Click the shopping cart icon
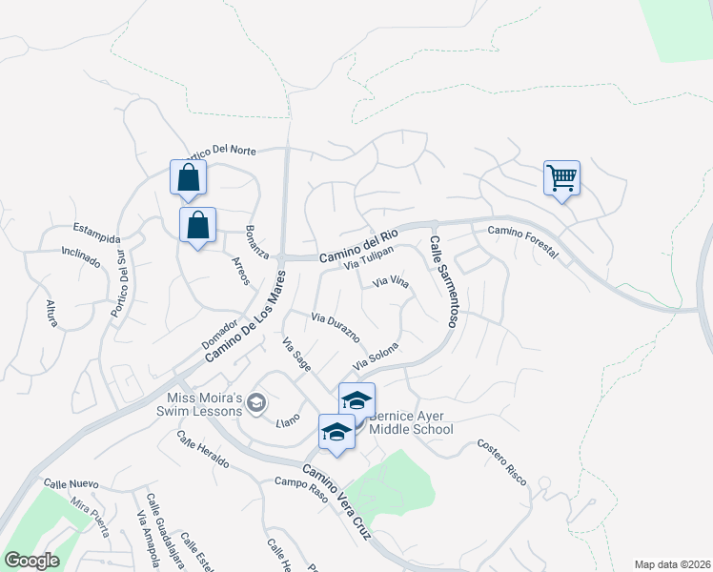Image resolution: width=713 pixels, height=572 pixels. click(x=561, y=177)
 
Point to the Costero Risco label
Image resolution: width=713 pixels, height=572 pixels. click(x=501, y=461)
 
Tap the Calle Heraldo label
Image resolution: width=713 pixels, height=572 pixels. click(x=203, y=449)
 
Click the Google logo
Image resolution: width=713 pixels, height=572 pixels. click(x=32, y=561)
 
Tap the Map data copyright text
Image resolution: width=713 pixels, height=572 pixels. click(x=672, y=564)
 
